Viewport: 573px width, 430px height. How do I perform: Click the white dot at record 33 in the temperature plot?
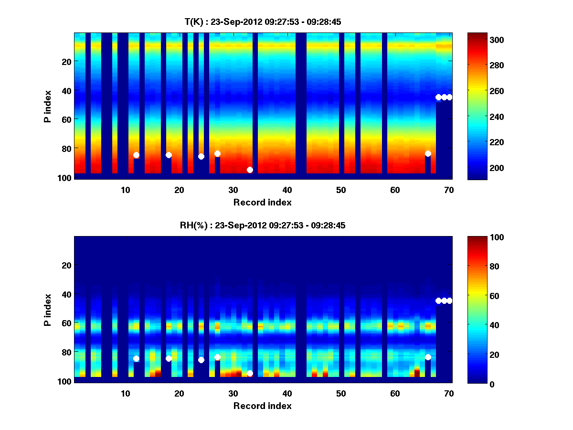(x=250, y=170)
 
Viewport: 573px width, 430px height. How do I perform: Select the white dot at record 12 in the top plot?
(x=136, y=155)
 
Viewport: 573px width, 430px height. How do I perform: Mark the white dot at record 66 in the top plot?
(x=428, y=153)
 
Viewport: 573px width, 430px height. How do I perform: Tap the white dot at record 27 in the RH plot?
(x=217, y=357)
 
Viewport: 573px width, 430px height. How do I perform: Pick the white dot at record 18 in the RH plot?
(x=169, y=358)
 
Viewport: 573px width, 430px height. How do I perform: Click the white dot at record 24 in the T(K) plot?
(x=201, y=156)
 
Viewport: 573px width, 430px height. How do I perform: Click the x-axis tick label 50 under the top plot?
(x=341, y=190)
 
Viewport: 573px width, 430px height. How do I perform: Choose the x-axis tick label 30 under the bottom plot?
(x=233, y=394)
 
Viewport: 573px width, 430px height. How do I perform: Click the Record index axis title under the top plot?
(x=262, y=202)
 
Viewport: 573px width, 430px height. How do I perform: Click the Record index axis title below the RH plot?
(x=262, y=406)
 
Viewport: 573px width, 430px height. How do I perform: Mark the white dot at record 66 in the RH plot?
(x=428, y=357)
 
